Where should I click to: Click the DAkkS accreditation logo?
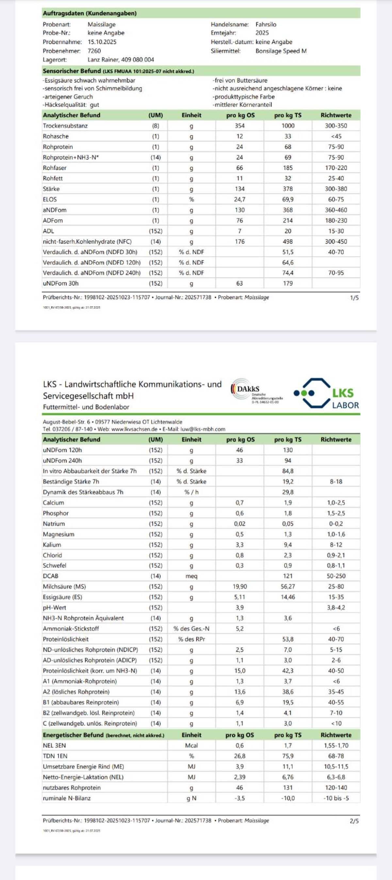(257, 392)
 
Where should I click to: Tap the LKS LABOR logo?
(326, 394)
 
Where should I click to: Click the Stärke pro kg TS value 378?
(287, 189)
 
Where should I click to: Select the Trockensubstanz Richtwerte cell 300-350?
(336, 126)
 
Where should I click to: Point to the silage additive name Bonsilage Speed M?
(281, 51)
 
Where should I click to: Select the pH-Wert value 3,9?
(239, 607)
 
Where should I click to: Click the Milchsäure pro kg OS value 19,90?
(239, 586)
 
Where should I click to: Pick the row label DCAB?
(51, 576)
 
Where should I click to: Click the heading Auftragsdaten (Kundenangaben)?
(90, 13)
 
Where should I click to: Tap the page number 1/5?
(354, 298)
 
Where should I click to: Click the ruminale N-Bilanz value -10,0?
(287, 798)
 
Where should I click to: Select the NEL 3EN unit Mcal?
(191, 745)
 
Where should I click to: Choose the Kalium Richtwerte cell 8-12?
(336, 545)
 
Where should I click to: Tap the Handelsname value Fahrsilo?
(266, 24)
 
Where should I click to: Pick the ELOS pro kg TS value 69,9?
(287, 199)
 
